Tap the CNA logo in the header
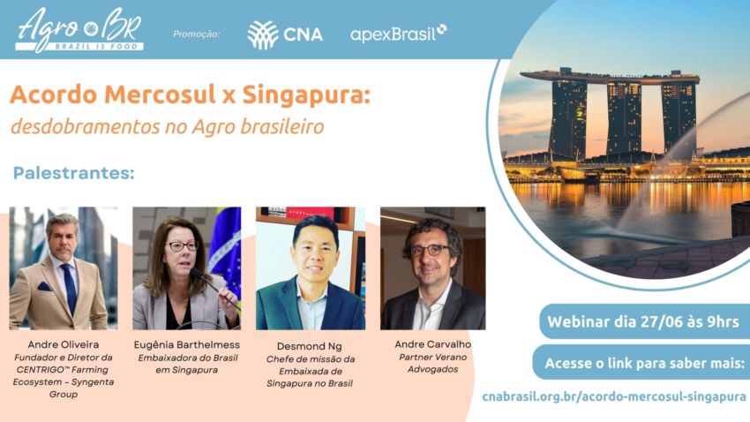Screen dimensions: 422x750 point(284,34)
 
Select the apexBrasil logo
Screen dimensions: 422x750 point(398,34)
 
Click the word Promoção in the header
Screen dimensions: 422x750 point(196,34)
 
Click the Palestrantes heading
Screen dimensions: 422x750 point(73,172)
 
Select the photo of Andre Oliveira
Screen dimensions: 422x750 point(63,268)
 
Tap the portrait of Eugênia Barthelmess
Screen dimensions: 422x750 point(186,268)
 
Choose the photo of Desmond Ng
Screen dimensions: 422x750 point(310,268)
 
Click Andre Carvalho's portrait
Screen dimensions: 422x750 point(432,268)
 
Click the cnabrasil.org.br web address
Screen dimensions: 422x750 point(614,397)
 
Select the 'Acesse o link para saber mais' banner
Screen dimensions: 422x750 point(645,363)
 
